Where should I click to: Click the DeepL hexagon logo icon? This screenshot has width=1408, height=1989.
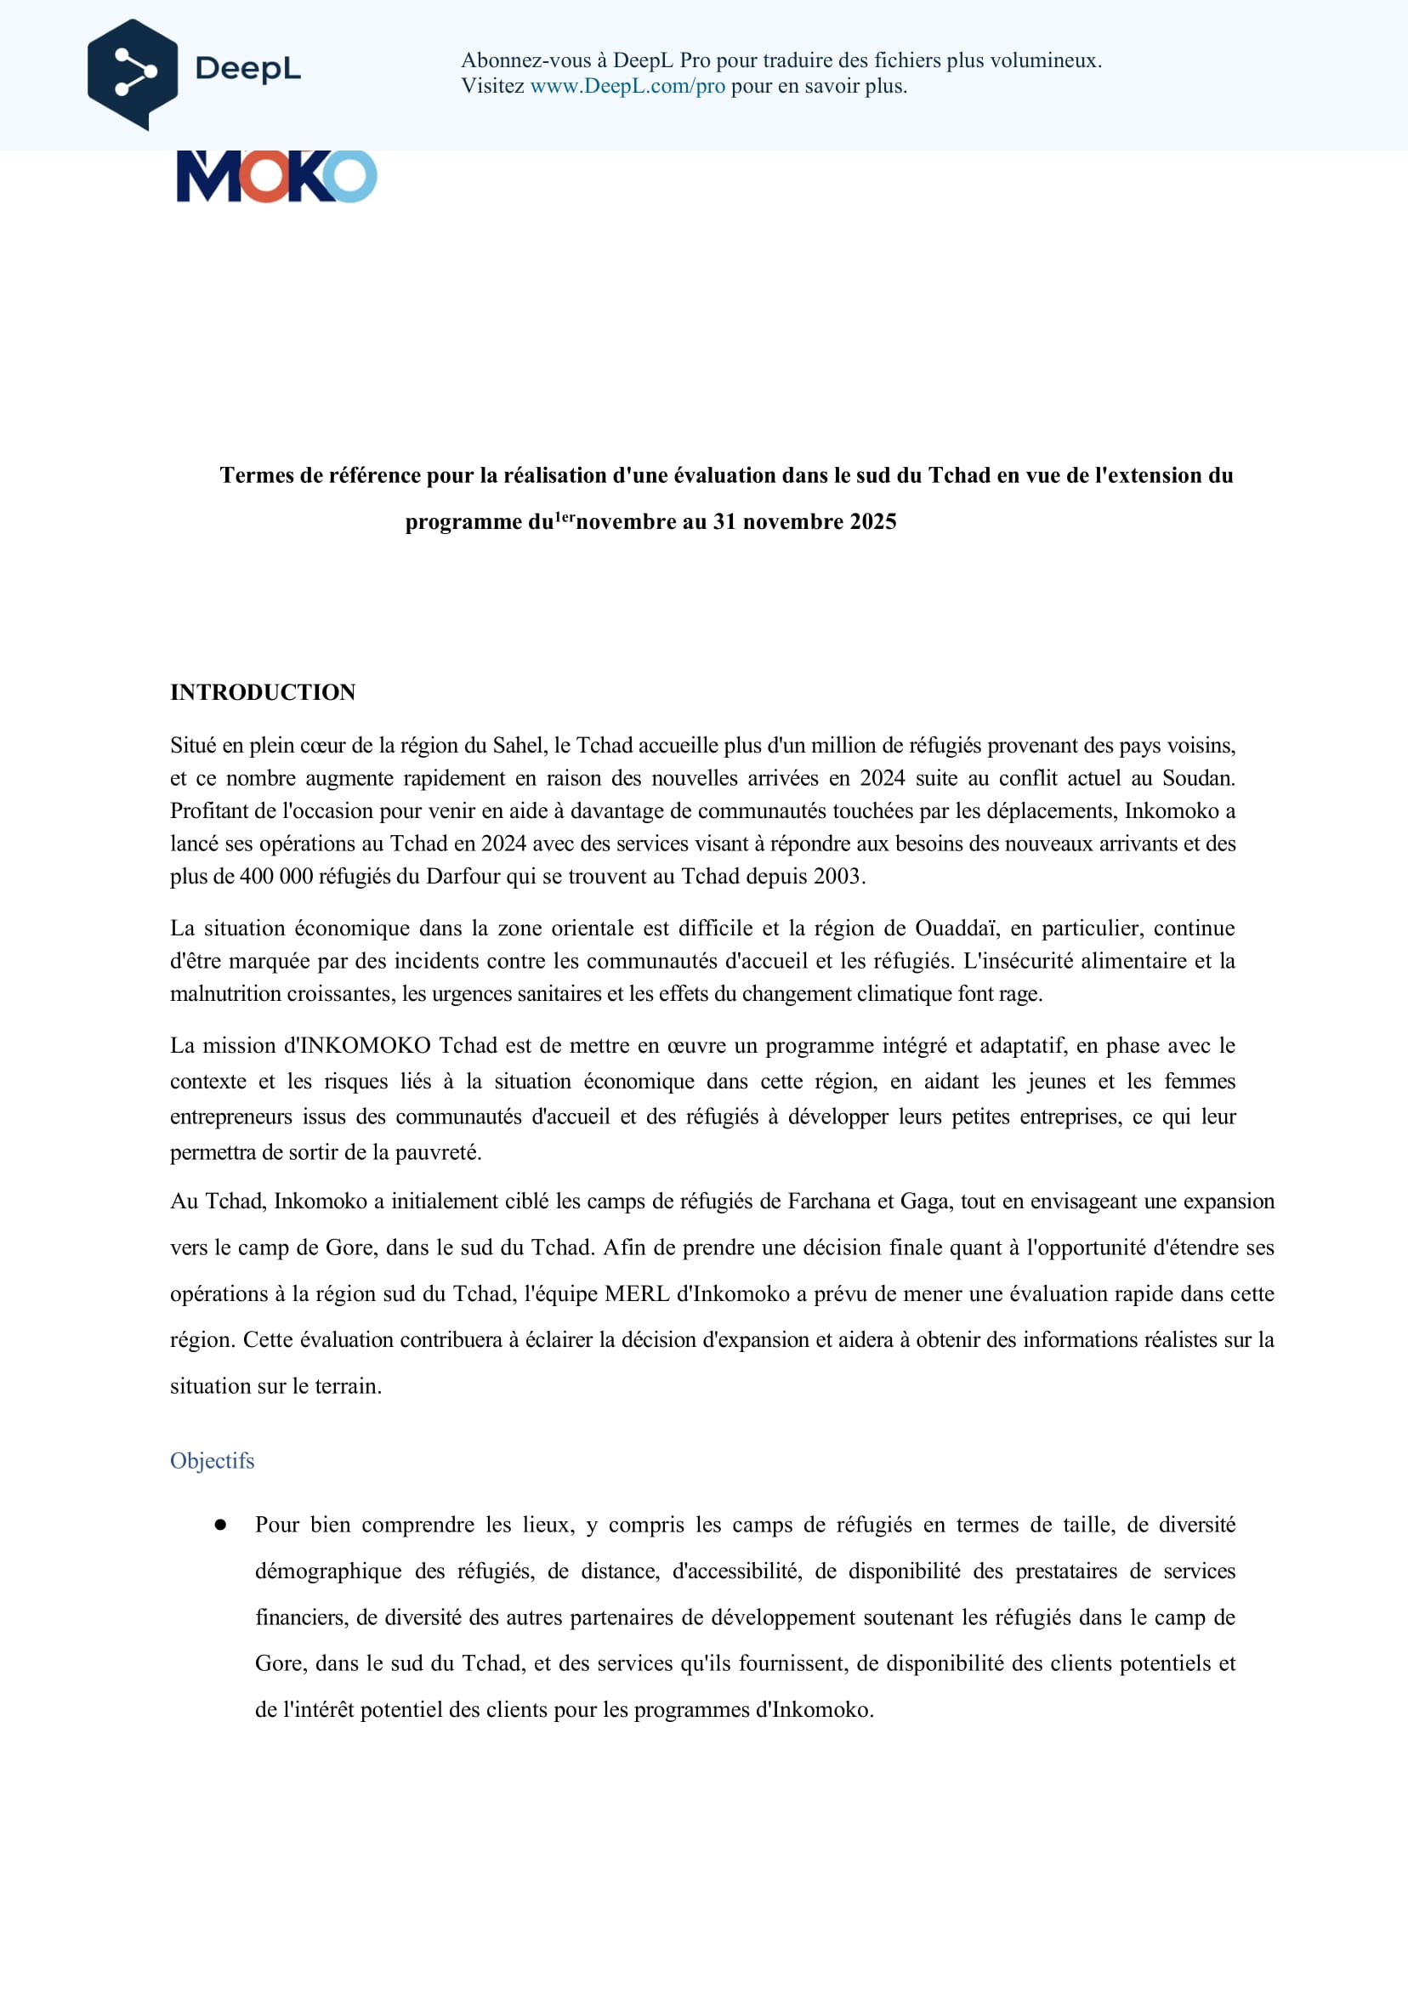tap(132, 75)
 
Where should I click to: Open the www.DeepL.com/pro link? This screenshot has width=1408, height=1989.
tap(627, 86)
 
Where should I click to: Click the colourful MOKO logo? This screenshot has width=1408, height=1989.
tap(276, 177)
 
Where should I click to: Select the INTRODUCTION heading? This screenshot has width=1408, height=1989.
tap(263, 692)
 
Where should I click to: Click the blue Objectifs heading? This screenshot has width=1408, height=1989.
tap(213, 1460)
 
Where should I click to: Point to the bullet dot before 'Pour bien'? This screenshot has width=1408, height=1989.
tap(220, 1524)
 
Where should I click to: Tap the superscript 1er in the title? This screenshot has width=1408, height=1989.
tap(565, 517)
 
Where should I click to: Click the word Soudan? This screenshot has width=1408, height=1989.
tap(1197, 778)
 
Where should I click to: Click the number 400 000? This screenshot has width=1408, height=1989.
tap(275, 876)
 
